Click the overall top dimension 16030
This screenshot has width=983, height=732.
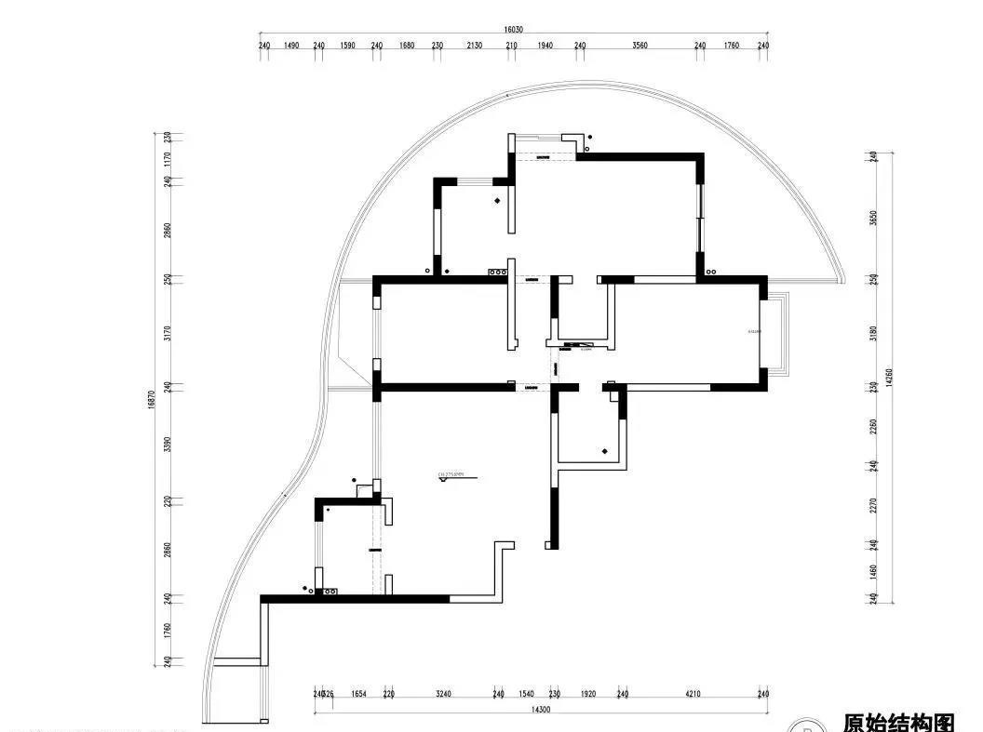pyautogui.click(x=513, y=30)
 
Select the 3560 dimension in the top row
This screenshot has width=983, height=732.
pyautogui.click(x=640, y=45)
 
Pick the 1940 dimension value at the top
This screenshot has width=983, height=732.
pyautogui.click(x=545, y=45)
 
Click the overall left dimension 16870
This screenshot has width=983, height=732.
pyautogui.click(x=151, y=400)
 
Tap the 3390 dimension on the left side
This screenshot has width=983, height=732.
pyautogui.click(x=168, y=443)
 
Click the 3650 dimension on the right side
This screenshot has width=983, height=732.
pyautogui.click(x=873, y=217)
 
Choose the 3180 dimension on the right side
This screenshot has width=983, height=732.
pyautogui.click(x=873, y=331)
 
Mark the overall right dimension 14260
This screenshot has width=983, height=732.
pyautogui.click(x=890, y=377)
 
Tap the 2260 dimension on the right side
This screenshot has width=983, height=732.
pyautogui.click(x=873, y=426)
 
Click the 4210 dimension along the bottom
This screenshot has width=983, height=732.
pyautogui.click(x=693, y=694)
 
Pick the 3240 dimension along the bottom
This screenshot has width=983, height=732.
pyautogui.click(x=443, y=694)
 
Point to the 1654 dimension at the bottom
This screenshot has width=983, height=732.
pyautogui.click(x=357, y=694)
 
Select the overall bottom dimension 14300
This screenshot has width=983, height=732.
pyautogui.click(x=540, y=710)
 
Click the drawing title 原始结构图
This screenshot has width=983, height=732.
pyautogui.click(x=898, y=722)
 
